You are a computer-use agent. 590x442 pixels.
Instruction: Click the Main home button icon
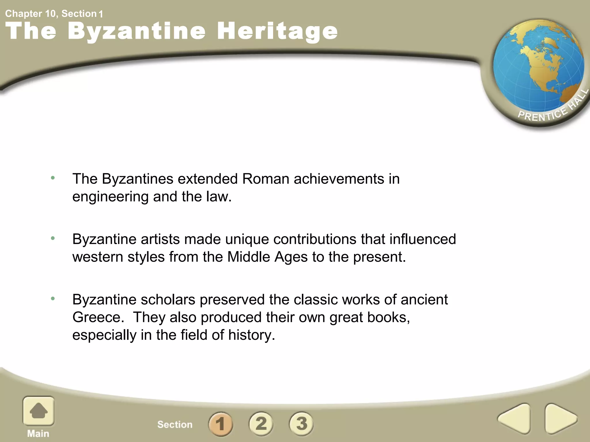[x=38, y=411]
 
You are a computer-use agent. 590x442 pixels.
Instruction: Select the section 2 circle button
[x=261, y=424]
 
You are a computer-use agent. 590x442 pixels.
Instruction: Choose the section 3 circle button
[x=301, y=424]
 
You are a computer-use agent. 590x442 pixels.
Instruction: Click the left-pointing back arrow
[x=515, y=419]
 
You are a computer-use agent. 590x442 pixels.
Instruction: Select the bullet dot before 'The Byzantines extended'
[x=53, y=178]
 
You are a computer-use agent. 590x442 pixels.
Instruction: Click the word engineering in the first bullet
[x=110, y=197]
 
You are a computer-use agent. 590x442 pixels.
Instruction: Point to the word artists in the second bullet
[x=160, y=239]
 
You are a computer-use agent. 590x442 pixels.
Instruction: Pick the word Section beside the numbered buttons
[x=175, y=424]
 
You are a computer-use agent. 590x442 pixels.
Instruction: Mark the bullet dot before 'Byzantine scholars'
[x=53, y=299]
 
